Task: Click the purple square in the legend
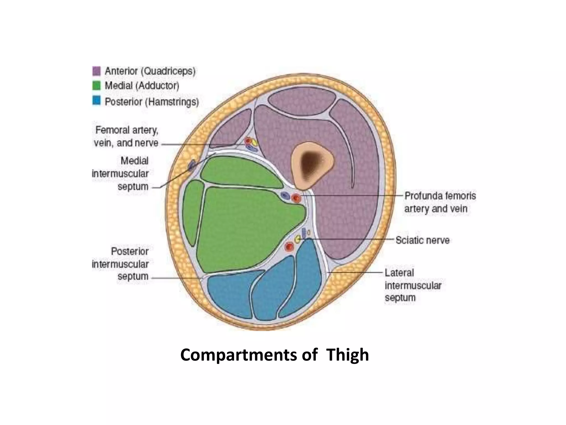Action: (x=96, y=71)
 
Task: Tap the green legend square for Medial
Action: (x=96, y=85)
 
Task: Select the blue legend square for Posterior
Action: (x=96, y=101)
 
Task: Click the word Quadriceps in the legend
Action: (x=168, y=71)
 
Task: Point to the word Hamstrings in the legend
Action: (x=173, y=102)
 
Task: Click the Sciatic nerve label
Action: (x=422, y=240)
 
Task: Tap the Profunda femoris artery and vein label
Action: (x=440, y=202)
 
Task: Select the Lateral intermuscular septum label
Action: (x=413, y=285)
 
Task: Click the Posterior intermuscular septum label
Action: (x=120, y=264)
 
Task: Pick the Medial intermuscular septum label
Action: (x=120, y=173)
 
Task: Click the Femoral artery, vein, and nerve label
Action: (x=126, y=136)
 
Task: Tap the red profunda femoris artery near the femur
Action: (x=296, y=198)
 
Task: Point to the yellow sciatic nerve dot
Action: (x=298, y=239)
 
